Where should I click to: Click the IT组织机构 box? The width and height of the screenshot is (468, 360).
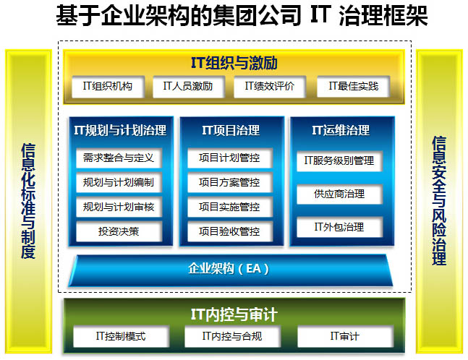[108, 87]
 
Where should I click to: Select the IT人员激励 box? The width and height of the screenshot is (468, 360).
[188, 87]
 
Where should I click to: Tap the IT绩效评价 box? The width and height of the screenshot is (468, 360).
[270, 87]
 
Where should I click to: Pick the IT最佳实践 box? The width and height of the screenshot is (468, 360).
[354, 87]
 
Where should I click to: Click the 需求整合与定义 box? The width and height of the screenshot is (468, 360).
[119, 158]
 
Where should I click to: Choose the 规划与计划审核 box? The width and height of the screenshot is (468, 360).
[119, 207]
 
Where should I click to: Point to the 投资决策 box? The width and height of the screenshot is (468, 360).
[119, 231]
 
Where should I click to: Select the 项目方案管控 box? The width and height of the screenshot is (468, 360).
[230, 182]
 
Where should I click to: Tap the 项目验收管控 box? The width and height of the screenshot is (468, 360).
[230, 231]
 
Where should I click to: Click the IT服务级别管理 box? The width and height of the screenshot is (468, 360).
[339, 161]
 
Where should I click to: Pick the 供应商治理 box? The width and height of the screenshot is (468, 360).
[339, 194]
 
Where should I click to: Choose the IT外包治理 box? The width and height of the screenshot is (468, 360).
[339, 227]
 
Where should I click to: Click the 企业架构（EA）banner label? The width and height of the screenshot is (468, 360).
[229, 269]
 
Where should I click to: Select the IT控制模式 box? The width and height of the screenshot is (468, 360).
[121, 336]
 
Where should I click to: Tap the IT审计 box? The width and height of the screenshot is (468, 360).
[345, 336]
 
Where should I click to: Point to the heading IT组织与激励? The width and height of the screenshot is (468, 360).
[234, 63]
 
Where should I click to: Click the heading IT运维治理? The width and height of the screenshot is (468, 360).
[341, 130]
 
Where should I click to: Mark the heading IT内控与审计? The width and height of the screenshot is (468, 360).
[234, 314]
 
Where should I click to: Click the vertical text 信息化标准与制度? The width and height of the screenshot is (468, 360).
[28, 201]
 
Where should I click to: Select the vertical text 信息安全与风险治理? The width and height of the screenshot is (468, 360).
[439, 201]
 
